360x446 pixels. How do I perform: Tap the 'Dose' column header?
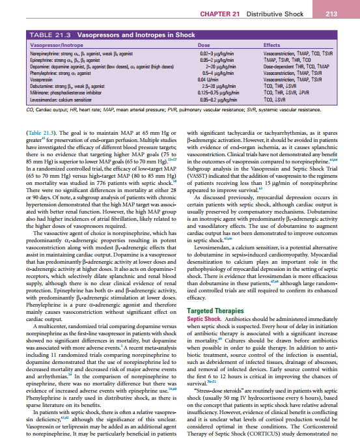pos(192,43)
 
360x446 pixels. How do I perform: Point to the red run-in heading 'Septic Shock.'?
pos(202,320)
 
